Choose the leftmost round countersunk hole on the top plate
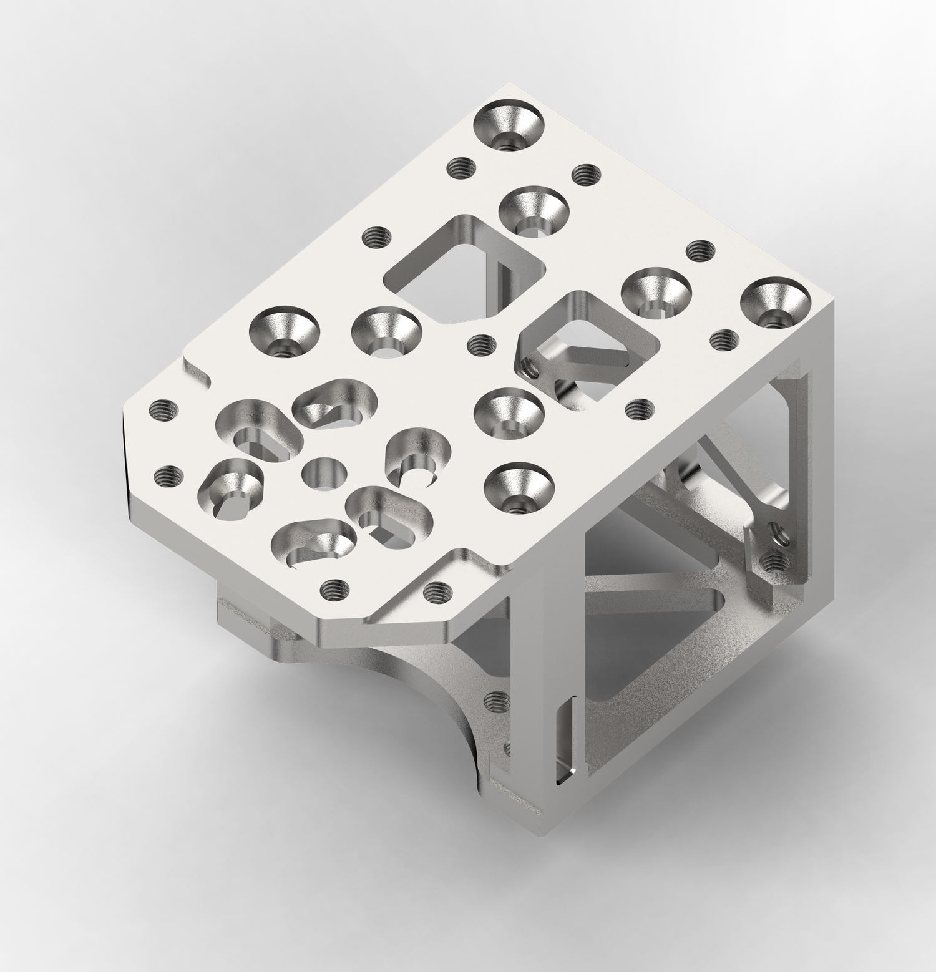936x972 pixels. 284,331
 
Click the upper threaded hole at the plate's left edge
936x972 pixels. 163,411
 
